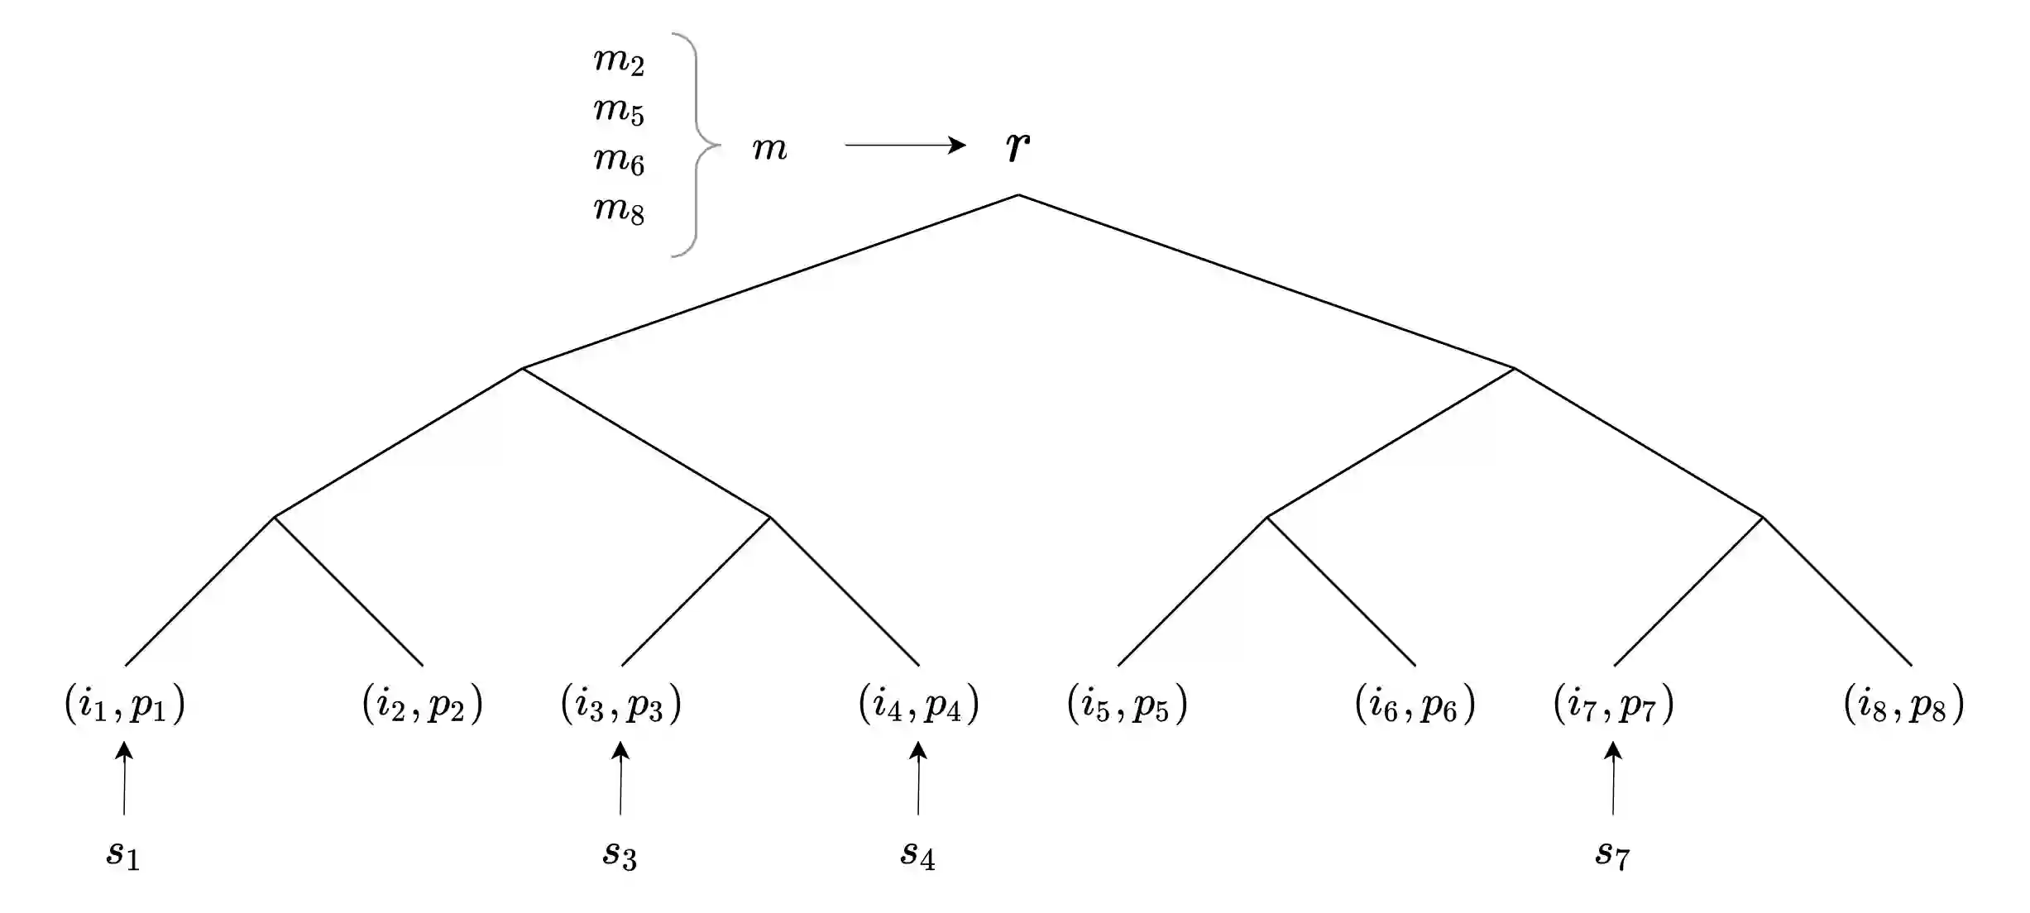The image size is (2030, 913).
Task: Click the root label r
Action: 1017,147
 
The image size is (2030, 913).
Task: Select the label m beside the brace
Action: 769,149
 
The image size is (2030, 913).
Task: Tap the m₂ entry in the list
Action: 619,60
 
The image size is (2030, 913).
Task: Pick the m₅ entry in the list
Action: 619,110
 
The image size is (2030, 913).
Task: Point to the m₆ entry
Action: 619,160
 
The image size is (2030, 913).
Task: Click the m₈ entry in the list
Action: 619,209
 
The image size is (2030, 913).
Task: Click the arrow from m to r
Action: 905,146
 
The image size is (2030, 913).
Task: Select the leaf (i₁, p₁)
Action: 125,705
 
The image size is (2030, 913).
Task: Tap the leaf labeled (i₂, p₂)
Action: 423,705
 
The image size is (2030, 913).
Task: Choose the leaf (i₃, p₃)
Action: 621,705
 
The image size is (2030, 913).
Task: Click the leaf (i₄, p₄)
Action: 919,705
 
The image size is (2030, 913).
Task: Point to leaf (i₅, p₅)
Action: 1128,705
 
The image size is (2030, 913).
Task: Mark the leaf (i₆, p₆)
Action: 1415,705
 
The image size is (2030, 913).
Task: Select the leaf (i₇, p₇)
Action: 1614,705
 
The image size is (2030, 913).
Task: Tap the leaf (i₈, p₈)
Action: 1904,705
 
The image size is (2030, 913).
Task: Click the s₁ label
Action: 123,853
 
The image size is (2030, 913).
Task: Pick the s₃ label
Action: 620,853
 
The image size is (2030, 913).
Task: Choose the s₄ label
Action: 917,853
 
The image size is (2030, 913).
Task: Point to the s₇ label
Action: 1612,853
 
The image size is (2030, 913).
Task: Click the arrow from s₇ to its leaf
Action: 1613,778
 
